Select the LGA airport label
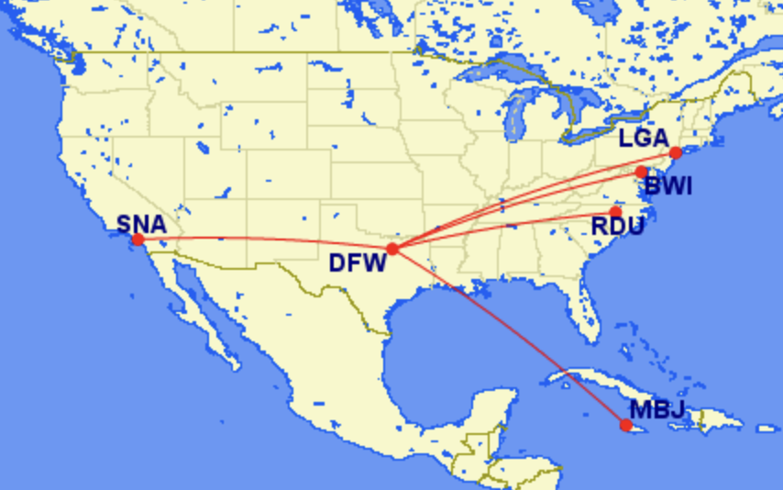644,139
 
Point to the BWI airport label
667,188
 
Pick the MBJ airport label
657,410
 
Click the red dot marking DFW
392,249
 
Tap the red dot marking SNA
138,239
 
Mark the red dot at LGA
676,152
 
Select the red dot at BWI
641,173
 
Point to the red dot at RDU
615,212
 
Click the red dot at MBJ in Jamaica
625,425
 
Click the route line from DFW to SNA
266,239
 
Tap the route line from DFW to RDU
504,224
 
